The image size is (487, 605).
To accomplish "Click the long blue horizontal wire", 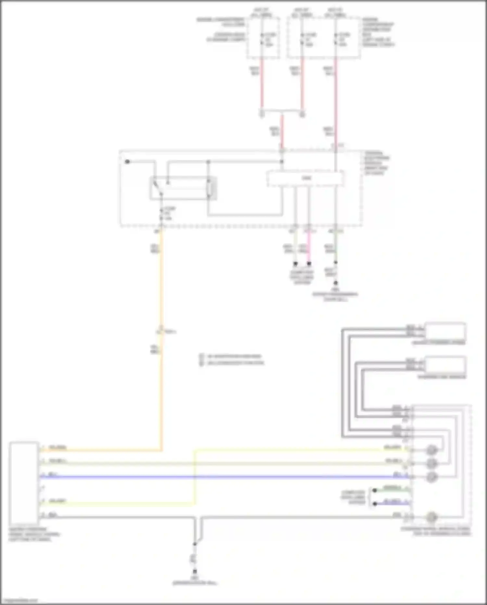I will pyautogui.click(x=227, y=477).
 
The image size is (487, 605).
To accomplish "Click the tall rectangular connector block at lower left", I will pyautogui.click(x=23, y=482).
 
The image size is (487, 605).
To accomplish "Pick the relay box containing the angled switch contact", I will pyautogui.click(x=183, y=188).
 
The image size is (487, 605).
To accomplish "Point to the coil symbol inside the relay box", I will pyautogui.click(x=210, y=188).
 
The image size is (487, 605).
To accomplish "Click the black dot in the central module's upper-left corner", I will pyautogui.click(x=127, y=162).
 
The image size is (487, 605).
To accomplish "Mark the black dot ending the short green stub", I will pyautogui.click(x=375, y=490).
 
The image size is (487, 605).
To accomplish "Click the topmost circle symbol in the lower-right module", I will pyautogui.click(x=431, y=450).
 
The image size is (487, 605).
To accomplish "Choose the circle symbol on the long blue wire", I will pyautogui.click(x=431, y=477).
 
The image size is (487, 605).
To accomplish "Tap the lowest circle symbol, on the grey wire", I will pyautogui.click(x=431, y=517).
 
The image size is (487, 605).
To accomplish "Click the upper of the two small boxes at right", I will pyautogui.click(x=445, y=331).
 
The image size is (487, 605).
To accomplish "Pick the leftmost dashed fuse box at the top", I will pyautogui.click(x=263, y=38).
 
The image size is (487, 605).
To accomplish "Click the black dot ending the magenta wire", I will pyautogui.click(x=309, y=264).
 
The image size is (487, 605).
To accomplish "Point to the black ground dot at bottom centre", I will pyautogui.click(x=195, y=571).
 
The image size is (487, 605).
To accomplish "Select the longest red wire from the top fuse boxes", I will pyautogui.click(x=336, y=101).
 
